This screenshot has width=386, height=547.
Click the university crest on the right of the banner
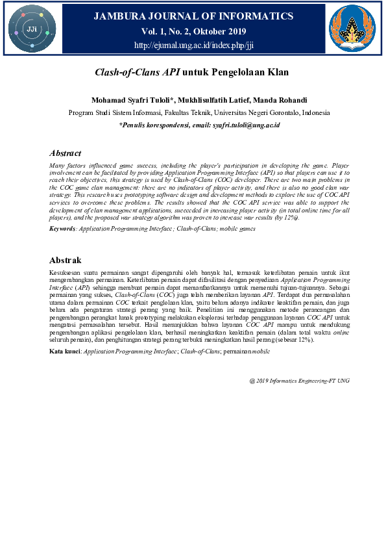coord(352,29)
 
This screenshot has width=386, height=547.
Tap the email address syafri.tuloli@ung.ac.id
coord(247,124)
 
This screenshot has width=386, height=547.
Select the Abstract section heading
coord(66,153)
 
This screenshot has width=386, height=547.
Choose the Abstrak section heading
coord(66,260)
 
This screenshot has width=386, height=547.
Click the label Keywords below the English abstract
coord(64,229)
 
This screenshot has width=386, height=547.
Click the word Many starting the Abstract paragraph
coord(58,166)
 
